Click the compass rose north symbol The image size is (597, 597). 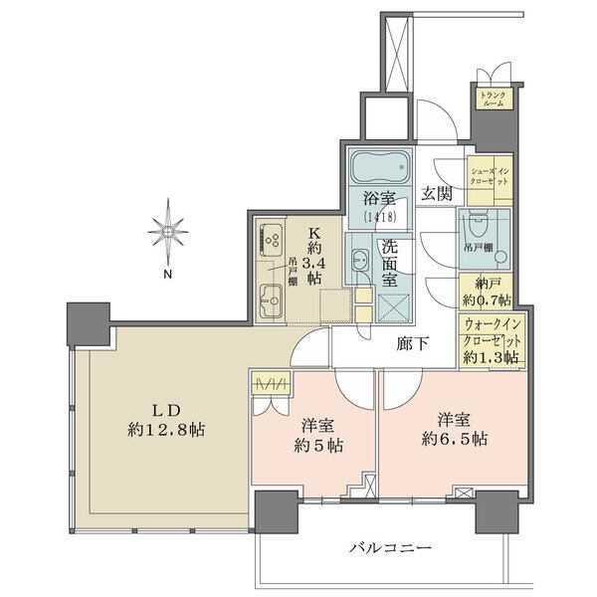pyautogui.click(x=168, y=231)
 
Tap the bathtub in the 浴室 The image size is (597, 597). pyautogui.click(x=381, y=167)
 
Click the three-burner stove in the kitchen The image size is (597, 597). pyautogui.click(x=271, y=240)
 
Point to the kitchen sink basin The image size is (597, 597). pyautogui.click(x=271, y=300)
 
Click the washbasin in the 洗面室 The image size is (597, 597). pyautogui.click(x=359, y=261)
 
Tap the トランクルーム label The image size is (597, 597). pyautogui.click(x=494, y=99)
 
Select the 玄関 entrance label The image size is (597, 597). pyautogui.click(x=437, y=194)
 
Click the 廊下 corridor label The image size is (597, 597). pyautogui.click(x=413, y=344)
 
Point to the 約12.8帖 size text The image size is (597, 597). pyautogui.click(x=166, y=430)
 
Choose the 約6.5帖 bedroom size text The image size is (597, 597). pyautogui.click(x=455, y=440)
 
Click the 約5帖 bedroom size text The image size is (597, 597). pyautogui.click(x=318, y=446)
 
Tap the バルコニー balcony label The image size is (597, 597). pyautogui.click(x=391, y=548)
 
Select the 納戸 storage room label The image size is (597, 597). pyautogui.click(x=488, y=284)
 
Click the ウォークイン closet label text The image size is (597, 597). pyautogui.click(x=493, y=324)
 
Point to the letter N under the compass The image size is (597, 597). pyautogui.click(x=167, y=274)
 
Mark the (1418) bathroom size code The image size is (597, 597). pyautogui.click(x=380, y=217)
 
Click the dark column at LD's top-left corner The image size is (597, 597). pyautogui.click(x=89, y=323)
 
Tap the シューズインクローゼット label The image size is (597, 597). pyautogui.click(x=490, y=176)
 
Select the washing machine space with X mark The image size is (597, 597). pyautogui.click(x=393, y=308)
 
